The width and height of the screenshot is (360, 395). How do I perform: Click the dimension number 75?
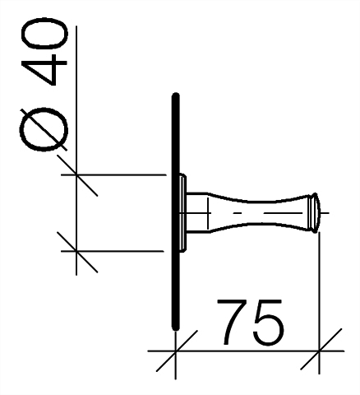pos(251,322)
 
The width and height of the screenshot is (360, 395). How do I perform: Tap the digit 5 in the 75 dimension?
pos(269,323)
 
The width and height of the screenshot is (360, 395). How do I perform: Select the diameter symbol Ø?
pos(44,129)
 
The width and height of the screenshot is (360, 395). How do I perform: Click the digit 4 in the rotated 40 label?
pos(44,69)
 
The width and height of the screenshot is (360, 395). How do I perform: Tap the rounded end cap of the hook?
pos(315,213)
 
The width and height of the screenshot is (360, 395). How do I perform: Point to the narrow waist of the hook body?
pos(261,213)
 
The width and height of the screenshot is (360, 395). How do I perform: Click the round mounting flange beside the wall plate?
pos(183,212)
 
